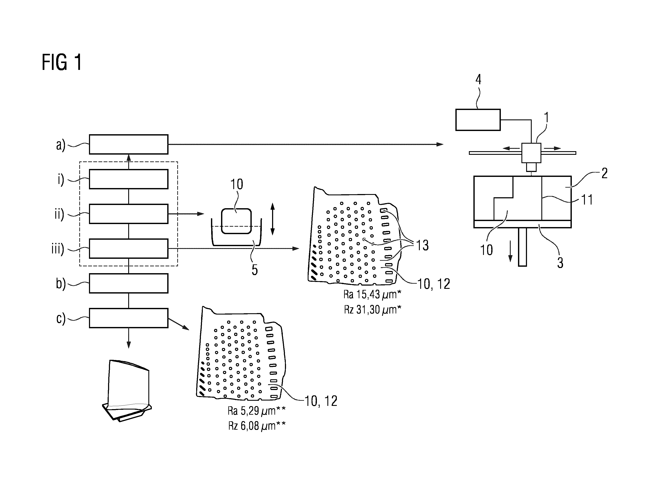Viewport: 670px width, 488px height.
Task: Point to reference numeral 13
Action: tap(422, 245)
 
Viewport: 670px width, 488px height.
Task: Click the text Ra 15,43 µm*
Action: tap(372, 295)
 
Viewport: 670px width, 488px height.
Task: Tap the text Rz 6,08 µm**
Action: tap(257, 426)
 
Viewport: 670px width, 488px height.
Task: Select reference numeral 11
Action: tap(587, 200)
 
